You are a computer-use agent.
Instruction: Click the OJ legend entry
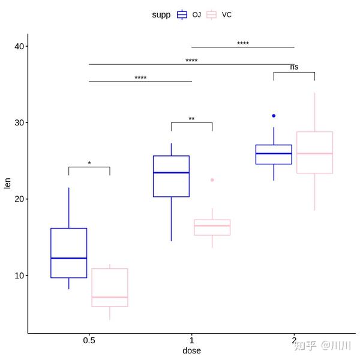(x=189, y=14)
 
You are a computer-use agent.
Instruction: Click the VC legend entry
(x=219, y=14)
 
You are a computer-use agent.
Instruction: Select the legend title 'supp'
(x=161, y=14)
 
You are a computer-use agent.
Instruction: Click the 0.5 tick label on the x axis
(x=89, y=340)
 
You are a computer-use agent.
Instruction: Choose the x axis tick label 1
(x=191, y=340)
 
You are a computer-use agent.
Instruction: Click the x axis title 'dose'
(x=191, y=350)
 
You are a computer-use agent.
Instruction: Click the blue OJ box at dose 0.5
(x=69, y=253)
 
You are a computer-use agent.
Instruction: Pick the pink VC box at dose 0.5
(x=110, y=287)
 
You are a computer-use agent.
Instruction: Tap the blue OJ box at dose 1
(x=171, y=176)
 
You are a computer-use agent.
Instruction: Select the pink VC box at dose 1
(x=212, y=227)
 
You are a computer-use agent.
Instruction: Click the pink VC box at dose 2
(x=314, y=152)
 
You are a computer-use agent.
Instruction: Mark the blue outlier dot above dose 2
(x=274, y=116)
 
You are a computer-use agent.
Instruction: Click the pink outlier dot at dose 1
(x=212, y=180)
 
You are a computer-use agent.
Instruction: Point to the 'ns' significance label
(x=294, y=67)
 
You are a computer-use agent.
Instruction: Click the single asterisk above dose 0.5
(x=89, y=163)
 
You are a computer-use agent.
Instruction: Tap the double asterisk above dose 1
(x=191, y=119)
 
